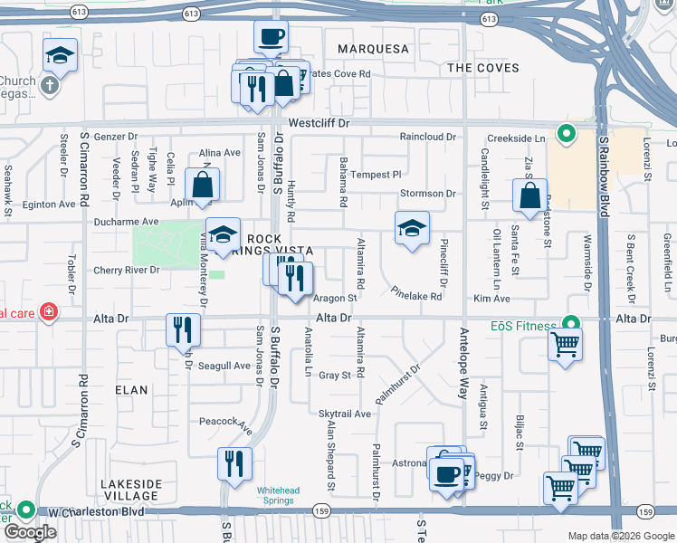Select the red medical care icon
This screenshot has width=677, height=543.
click(x=46, y=313)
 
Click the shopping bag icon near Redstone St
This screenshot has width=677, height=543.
click(x=529, y=195)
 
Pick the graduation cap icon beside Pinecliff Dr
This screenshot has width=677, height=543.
click(x=412, y=228)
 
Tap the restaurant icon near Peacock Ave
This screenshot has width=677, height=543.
click(x=234, y=462)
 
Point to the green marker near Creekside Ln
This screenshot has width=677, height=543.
click(x=567, y=136)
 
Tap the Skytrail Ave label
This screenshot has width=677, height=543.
click(x=345, y=414)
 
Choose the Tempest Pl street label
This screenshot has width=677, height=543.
click(x=376, y=175)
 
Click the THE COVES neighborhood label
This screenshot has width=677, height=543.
click(x=483, y=68)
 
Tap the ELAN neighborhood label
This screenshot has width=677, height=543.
click(x=131, y=389)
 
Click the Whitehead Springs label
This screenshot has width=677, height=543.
click(x=278, y=495)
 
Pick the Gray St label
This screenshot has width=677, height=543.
click(x=334, y=376)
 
